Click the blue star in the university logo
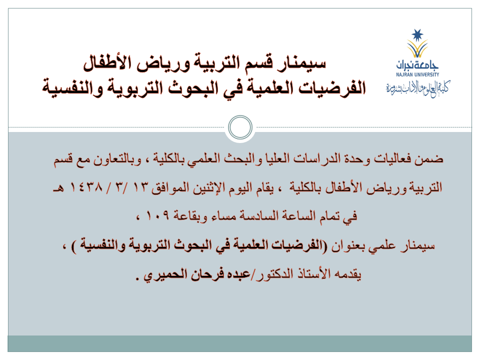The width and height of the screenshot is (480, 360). coord(417,35)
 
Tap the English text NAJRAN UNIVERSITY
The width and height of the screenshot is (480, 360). coord(417,74)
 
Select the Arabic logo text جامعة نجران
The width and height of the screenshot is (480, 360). coord(417,64)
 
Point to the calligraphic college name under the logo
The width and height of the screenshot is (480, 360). coord(418,88)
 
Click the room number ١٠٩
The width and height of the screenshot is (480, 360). coord(157,215)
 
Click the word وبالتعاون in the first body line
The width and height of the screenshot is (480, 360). coord(117,159)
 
